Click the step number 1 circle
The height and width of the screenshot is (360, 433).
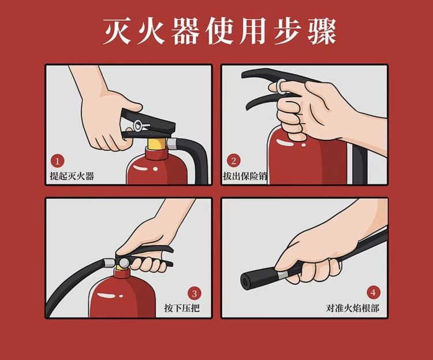(x=57, y=161)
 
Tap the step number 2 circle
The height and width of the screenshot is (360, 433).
(x=234, y=161)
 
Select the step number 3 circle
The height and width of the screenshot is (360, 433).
(x=195, y=294)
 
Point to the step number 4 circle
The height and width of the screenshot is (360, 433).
(x=374, y=292)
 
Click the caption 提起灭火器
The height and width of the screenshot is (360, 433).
(x=72, y=176)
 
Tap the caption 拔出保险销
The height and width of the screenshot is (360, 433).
(x=245, y=176)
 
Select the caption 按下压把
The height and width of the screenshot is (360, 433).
(x=182, y=308)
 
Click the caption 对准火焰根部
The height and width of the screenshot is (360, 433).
(x=353, y=308)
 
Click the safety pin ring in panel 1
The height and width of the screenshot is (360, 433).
(x=138, y=125)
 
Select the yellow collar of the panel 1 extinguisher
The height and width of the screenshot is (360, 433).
(x=156, y=143)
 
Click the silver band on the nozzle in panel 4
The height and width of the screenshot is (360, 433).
(x=282, y=274)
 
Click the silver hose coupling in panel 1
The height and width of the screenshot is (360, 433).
(x=172, y=143)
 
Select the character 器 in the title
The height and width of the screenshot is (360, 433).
(x=185, y=31)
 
